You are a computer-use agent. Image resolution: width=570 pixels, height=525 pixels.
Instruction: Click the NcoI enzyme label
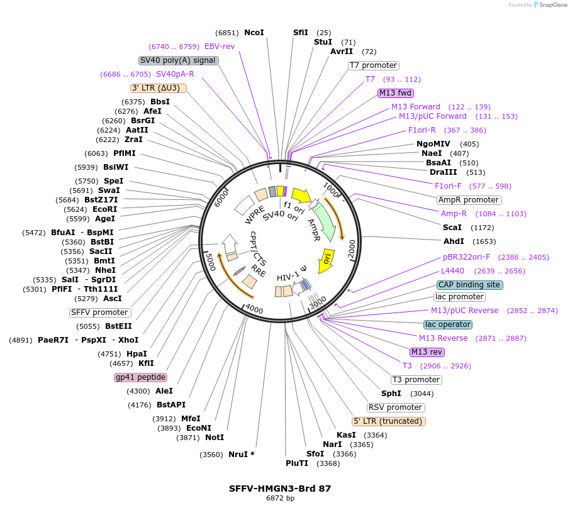click(x=254, y=33)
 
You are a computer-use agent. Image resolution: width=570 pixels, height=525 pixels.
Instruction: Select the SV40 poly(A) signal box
click(x=178, y=60)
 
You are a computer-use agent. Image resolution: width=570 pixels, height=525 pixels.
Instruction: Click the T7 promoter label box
click(x=374, y=65)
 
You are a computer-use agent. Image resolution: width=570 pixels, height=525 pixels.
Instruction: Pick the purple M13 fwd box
click(x=395, y=93)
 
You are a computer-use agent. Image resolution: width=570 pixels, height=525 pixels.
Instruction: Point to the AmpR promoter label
click(x=469, y=200)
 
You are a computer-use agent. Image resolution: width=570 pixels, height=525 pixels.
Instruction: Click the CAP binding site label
click(x=469, y=285)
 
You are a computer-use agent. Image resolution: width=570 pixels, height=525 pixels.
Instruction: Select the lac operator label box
click(x=448, y=324)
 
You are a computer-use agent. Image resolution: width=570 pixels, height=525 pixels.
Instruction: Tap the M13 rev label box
click(x=427, y=352)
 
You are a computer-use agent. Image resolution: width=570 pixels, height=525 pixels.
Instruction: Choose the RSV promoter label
click(x=395, y=407)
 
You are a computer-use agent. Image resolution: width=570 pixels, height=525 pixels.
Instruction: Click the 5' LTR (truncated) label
click(x=388, y=421)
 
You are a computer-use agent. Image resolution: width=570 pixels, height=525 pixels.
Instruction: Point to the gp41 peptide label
click(x=140, y=377)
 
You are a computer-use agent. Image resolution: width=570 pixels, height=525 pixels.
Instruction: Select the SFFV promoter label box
click(x=100, y=312)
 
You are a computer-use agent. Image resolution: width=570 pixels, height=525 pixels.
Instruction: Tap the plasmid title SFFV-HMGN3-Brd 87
click(x=280, y=488)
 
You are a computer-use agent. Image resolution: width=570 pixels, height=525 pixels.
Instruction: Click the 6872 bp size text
click(x=280, y=499)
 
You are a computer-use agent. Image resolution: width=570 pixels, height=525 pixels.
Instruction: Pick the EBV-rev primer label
click(x=220, y=47)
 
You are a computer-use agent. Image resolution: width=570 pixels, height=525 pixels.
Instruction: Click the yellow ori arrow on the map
click(x=327, y=260)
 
